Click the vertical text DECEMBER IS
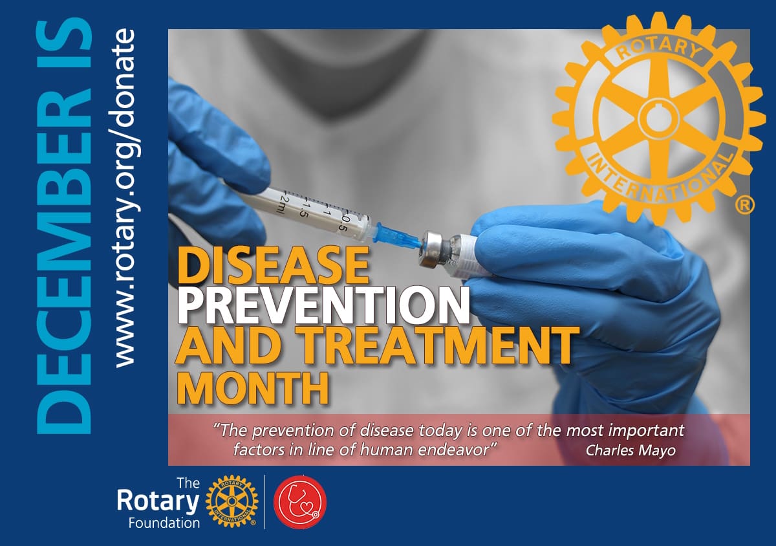64,226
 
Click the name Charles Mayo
630,450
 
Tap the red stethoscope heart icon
300,503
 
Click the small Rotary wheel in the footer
232,501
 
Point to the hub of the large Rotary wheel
654,116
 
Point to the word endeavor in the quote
458,450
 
